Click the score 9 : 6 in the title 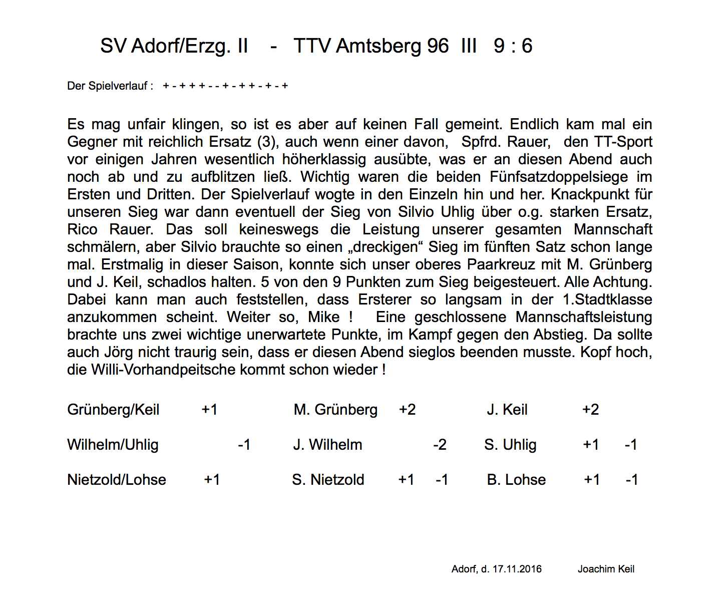tap(513, 46)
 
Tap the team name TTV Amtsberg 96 tap(371, 46)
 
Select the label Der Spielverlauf tap(107, 86)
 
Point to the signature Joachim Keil tap(606, 569)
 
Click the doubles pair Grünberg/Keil tap(113, 410)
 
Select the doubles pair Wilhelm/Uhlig tap(113, 445)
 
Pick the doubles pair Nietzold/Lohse tap(117, 480)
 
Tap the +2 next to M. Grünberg tap(407, 410)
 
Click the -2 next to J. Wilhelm tap(440, 445)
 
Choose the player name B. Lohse tap(516, 480)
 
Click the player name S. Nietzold tap(328, 480)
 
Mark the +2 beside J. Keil tap(590, 410)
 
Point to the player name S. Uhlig tap(510, 445)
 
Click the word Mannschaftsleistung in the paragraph tap(584, 317)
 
